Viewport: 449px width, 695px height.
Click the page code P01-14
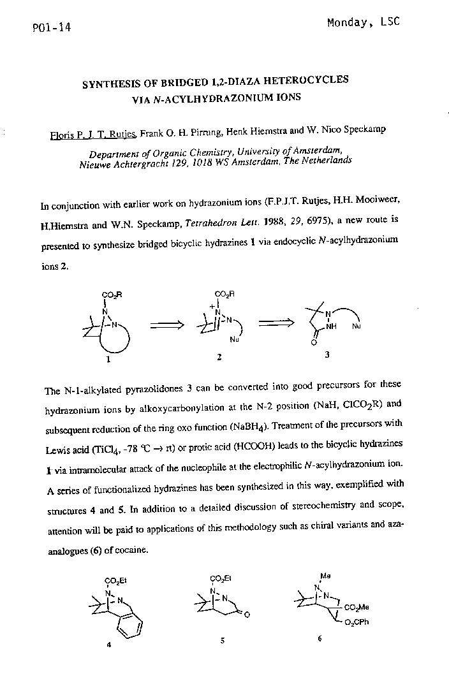(x=50, y=28)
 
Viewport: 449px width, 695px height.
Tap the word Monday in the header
(x=348, y=23)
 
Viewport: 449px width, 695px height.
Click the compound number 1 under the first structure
(x=108, y=359)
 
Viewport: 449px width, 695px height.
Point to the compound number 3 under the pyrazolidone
(x=327, y=356)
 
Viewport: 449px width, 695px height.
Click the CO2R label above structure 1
(x=112, y=295)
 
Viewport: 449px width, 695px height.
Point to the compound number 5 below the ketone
(x=221, y=640)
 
